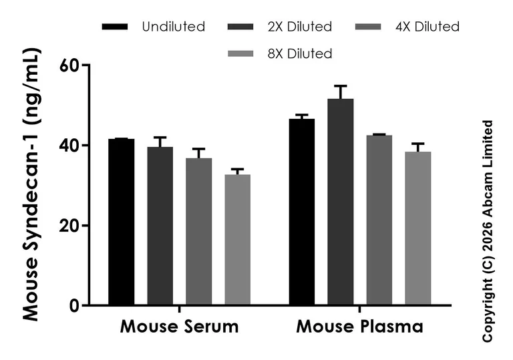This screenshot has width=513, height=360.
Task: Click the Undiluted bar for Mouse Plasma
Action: click(x=301, y=212)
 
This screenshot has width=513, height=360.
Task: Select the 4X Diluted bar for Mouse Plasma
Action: click(x=379, y=220)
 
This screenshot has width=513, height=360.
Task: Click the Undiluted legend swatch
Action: click(x=116, y=27)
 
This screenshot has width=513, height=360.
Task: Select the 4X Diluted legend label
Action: click(x=428, y=27)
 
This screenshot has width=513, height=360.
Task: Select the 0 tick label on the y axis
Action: click(x=75, y=306)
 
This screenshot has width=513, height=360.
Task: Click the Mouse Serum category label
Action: click(x=179, y=327)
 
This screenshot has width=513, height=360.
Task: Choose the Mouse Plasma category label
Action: click(x=359, y=327)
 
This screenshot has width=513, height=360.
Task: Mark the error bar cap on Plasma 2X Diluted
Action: click(x=340, y=85)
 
